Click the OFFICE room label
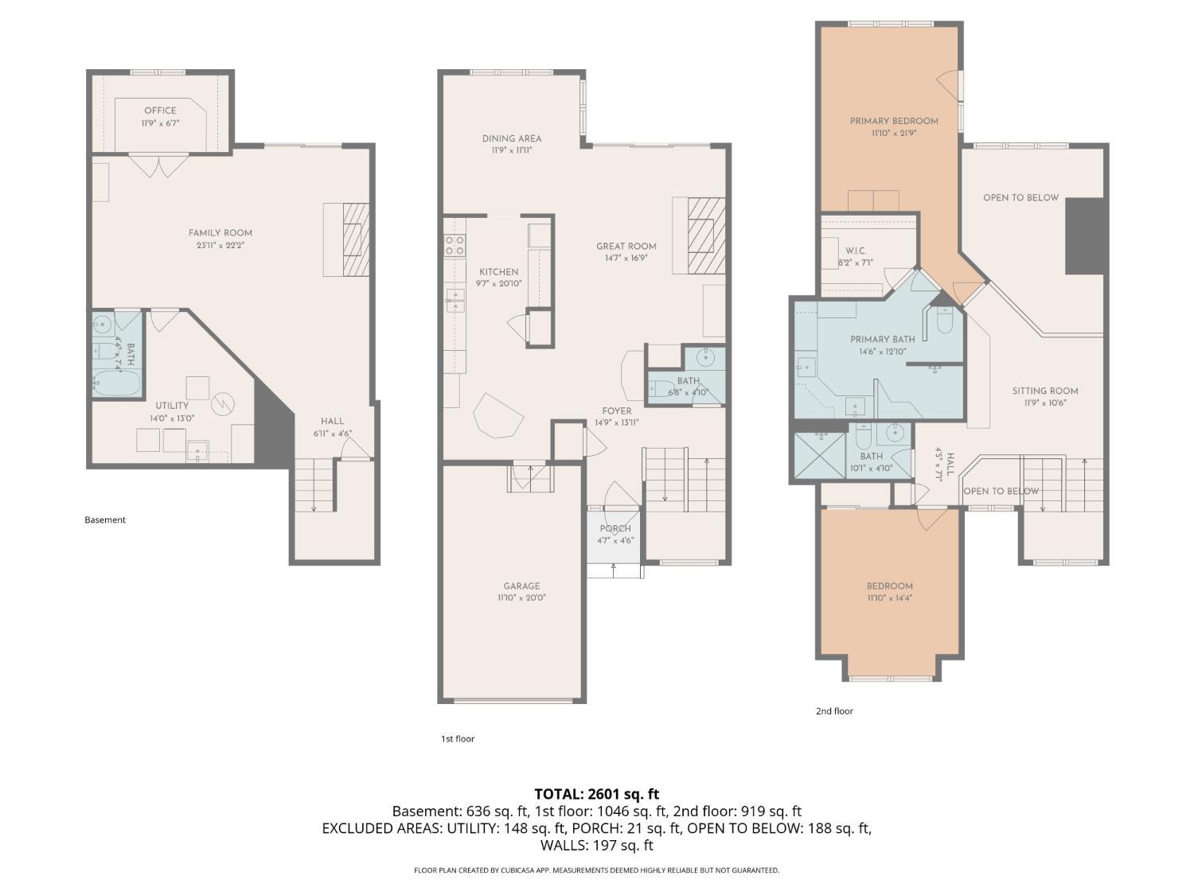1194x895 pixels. [x=160, y=111]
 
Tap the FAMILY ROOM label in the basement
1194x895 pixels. [x=220, y=232]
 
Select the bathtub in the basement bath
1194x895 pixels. [x=116, y=383]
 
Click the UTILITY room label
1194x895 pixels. [x=172, y=406]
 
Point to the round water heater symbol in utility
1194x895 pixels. [x=223, y=403]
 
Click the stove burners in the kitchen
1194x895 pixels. [x=455, y=244]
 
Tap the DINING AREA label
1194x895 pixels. [x=511, y=138]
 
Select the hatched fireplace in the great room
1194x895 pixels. [x=706, y=235]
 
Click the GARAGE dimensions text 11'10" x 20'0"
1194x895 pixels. [x=521, y=597]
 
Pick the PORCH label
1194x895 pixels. [x=615, y=528]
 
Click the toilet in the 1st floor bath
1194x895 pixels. [x=661, y=388]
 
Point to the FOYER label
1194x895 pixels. [x=617, y=411]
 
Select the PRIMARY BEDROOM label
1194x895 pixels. [x=894, y=121]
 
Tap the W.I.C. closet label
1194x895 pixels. [x=856, y=251]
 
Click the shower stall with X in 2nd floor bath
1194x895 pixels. [x=820, y=455]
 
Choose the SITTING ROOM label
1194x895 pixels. [x=1045, y=391]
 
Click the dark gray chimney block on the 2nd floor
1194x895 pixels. [x=1084, y=235]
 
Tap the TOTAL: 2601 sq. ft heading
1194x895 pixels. [x=597, y=795]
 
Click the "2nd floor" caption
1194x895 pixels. [x=834, y=710]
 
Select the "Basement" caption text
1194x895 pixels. [x=105, y=519]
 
